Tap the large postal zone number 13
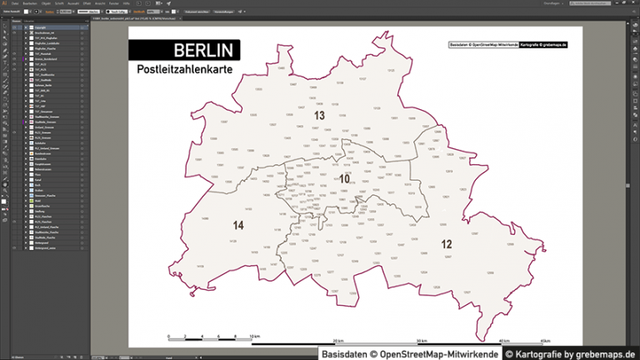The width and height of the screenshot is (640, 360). click(319, 115)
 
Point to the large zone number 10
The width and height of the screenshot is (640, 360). click(344, 178)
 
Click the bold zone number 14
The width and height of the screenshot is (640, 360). click(238, 226)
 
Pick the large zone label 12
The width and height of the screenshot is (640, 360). click(446, 244)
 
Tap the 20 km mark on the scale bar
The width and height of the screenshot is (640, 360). click(338, 342)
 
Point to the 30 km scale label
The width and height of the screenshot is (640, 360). click(422, 342)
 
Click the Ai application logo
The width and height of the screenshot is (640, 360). click(4, 3)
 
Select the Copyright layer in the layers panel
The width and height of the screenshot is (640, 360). click(42, 27)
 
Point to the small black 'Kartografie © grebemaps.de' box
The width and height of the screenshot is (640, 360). click(542, 43)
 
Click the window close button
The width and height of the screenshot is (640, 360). click(635, 3)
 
